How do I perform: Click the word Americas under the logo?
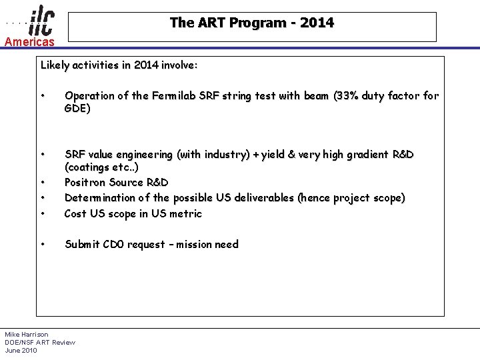tap(29, 42)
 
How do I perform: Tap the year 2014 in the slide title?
tap(317, 23)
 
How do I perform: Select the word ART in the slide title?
tap(209, 23)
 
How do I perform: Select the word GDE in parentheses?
tap(76, 108)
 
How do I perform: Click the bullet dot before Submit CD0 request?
tap(43, 244)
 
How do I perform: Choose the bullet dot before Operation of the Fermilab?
tap(43, 95)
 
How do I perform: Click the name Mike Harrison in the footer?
tap(27, 334)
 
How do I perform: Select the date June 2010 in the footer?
tap(21, 350)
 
